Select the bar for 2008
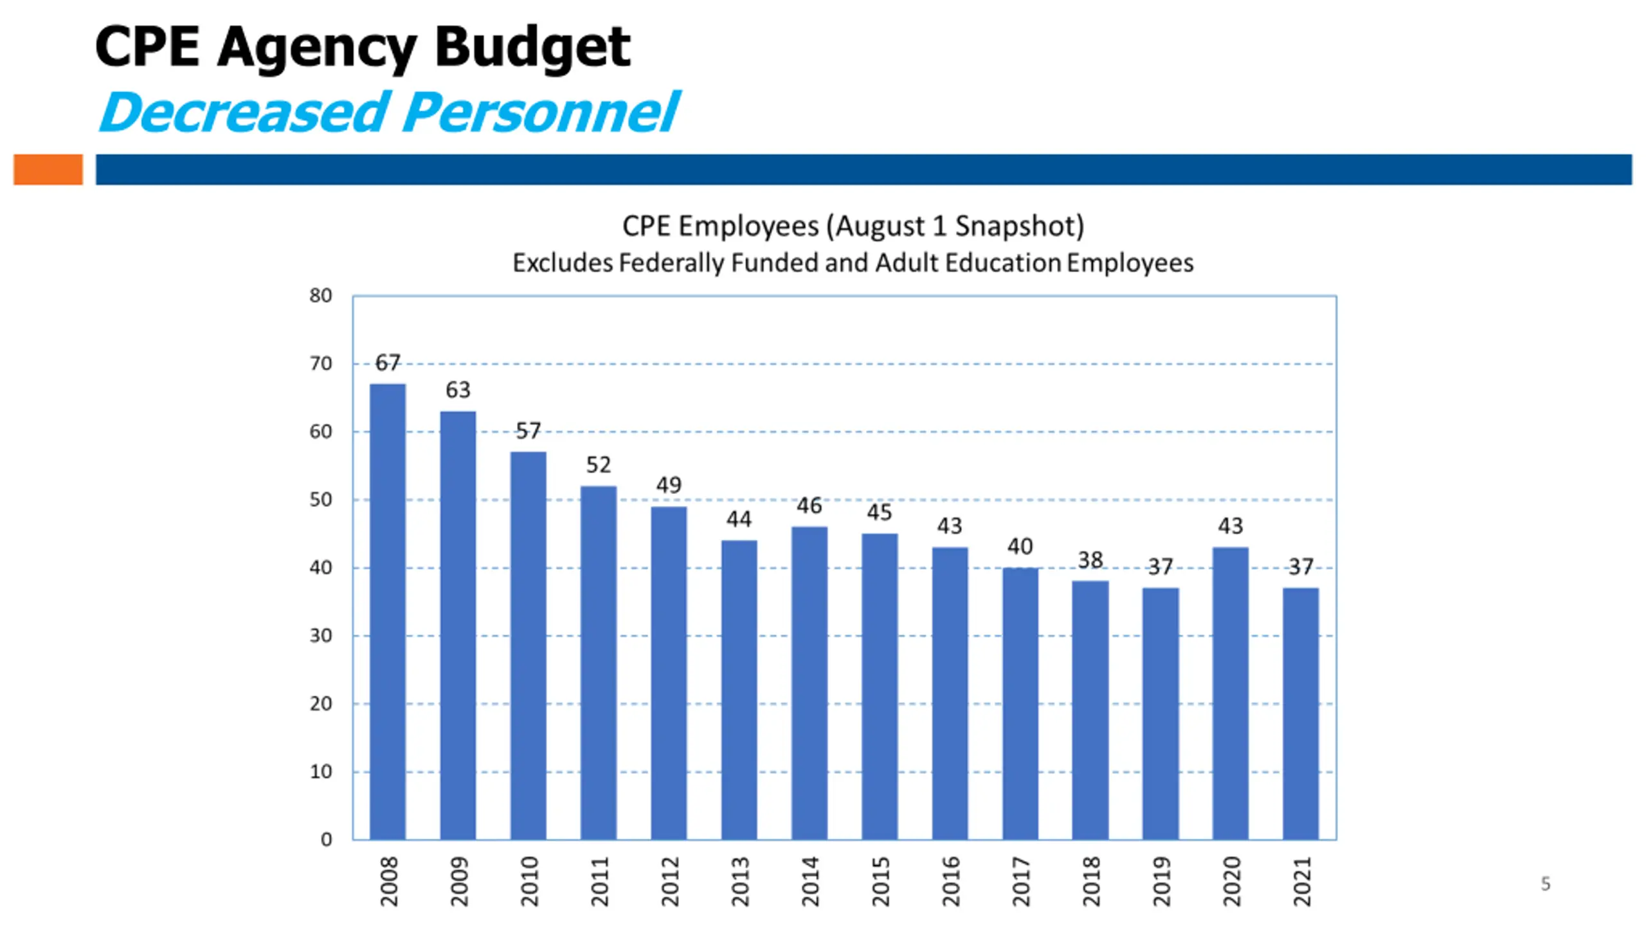click(388, 611)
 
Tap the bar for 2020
click(1230, 693)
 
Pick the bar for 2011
click(598, 662)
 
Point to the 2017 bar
click(1020, 704)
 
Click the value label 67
click(388, 363)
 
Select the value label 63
click(458, 390)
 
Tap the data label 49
click(669, 485)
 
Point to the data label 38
click(1090, 560)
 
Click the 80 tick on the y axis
click(321, 296)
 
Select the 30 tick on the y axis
click(321, 636)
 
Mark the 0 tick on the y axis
click(326, 839)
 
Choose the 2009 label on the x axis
click(458, 881)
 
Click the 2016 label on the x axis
click(950, 881)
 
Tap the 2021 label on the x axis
click(1301, 881)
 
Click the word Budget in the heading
click(532, 48)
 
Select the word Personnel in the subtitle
click(541, 113)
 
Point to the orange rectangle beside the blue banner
click(48, 169)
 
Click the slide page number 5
click(1546, 884)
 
